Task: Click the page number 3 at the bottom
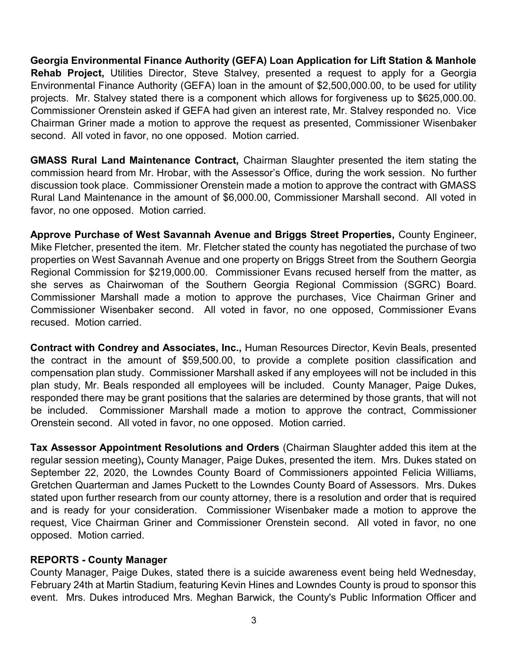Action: point(254,620)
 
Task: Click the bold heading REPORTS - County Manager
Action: point(99,560)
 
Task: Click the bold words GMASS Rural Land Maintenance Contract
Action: point(134,160)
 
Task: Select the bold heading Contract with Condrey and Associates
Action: point(136,347)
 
